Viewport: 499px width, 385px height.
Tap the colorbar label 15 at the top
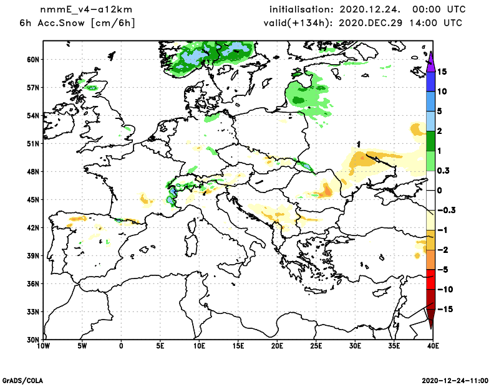click(442, 71)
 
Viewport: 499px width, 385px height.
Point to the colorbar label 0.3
click(443, 171)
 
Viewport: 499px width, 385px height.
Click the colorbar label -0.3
click(445, 210)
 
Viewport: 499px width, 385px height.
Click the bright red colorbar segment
click(430, 280)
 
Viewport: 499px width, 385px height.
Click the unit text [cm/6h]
click(113, 23)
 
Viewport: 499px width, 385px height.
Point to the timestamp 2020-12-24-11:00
click(459, 379)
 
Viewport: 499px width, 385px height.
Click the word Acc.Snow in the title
click(62, 23)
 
